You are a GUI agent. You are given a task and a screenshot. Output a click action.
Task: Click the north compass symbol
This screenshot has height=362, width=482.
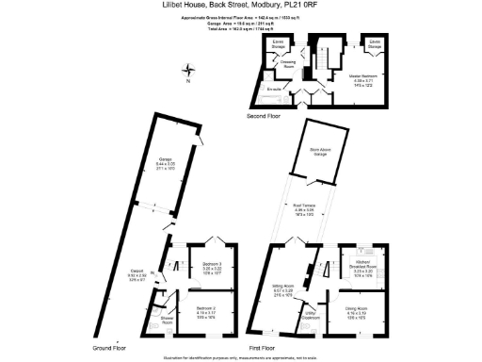(x=191, y=69)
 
